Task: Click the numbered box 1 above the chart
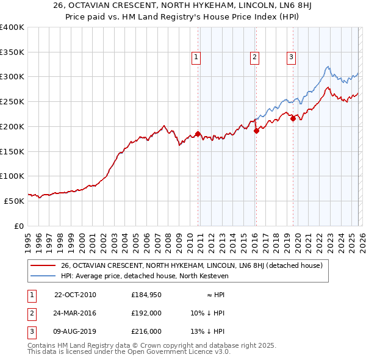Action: (x=196, y=57)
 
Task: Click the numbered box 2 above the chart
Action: (x=254, y=57)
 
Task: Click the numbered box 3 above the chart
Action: (x=291, y=57)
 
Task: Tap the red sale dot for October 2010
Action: (x=198, y=134)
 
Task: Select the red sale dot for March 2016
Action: (x=256, y=130)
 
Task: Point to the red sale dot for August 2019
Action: (x=293, y=118)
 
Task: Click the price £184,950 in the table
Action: (x=146, y=295)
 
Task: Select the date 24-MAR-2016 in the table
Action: (x=75, y=313)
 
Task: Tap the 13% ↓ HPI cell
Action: (x=207, y=331)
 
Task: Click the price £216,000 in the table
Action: (x=146, y=331)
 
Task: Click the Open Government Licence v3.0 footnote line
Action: (x=129, y=352)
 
